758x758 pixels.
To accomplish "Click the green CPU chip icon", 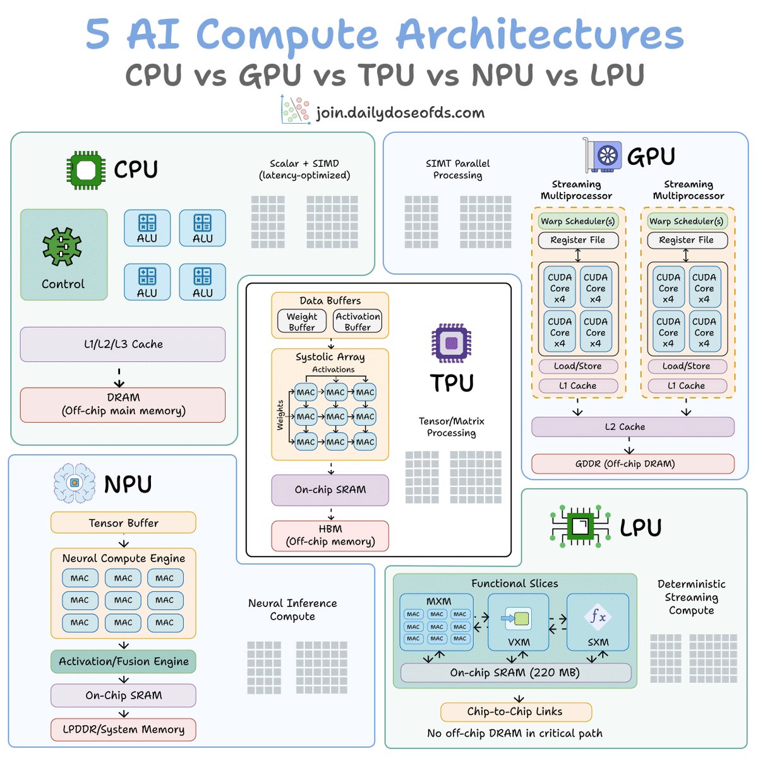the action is click(x=86, y=170).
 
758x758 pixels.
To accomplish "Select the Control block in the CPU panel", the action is click(x=64, y=255).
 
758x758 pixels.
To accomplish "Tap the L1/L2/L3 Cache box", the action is click(x=123, y=344).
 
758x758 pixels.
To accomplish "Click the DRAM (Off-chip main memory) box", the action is click(x=123, y=404).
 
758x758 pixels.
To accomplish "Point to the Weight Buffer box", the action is click(x=302, y=321).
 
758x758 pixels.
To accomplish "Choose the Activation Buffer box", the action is click(x=357, y=321).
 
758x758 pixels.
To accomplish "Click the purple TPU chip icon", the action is click(x=451, y=342).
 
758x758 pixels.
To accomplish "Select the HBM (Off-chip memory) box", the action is click(x=330, y=536).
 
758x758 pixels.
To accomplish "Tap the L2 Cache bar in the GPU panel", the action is click(x=632, y=427).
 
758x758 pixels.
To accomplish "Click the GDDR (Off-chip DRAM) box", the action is click(x=632, y=464).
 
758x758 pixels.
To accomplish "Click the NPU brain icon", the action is click(x=75, y=483).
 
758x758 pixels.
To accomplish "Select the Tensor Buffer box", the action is click(x=123, y=522).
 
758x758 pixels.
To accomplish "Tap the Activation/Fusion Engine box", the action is click(x=123, y=661).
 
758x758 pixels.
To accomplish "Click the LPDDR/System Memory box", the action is click(x=123, y=730).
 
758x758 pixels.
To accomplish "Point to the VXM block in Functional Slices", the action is click(x=518, y=622).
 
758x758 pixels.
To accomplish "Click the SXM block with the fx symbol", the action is click(x=598, y=622).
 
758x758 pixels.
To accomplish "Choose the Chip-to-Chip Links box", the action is click(x=515, y=712).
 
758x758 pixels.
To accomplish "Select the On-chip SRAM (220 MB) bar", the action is click(x=515, y=673).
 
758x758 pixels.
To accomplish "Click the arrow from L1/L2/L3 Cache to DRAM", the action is click(x=119, y=377).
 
